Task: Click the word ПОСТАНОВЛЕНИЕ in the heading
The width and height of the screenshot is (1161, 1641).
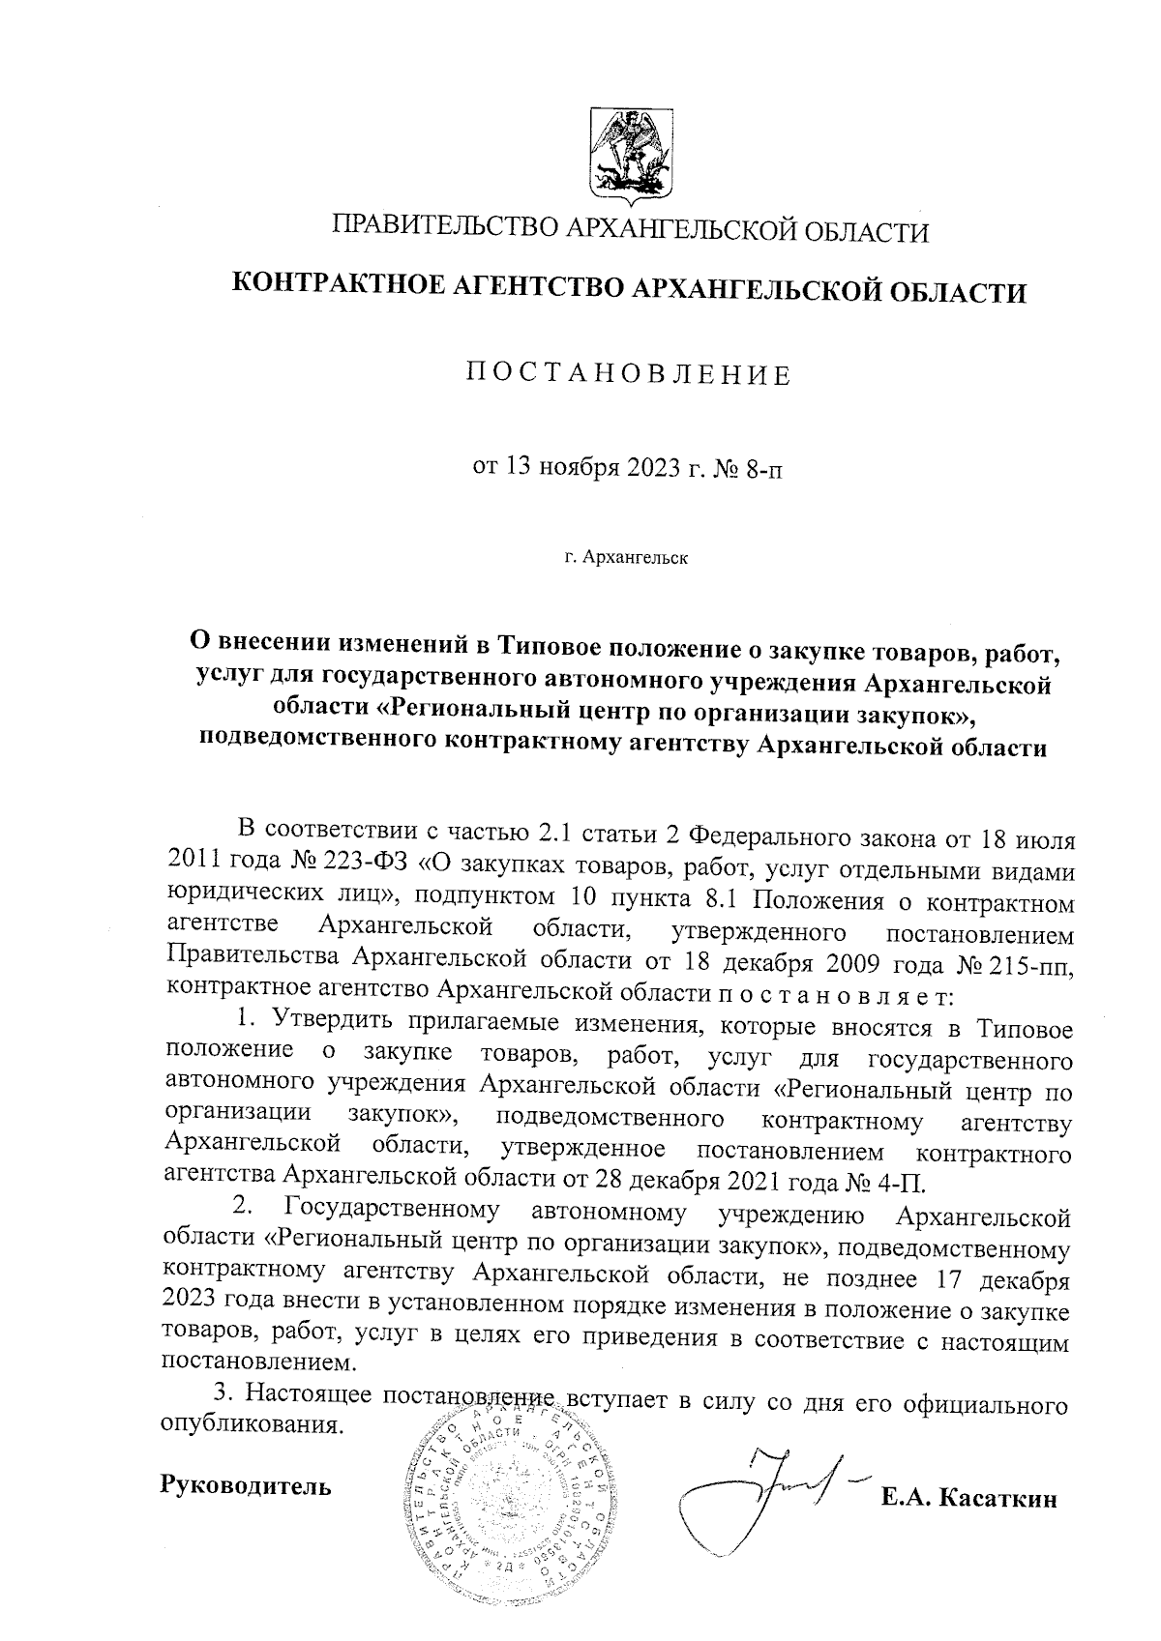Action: tap(629, 374)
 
